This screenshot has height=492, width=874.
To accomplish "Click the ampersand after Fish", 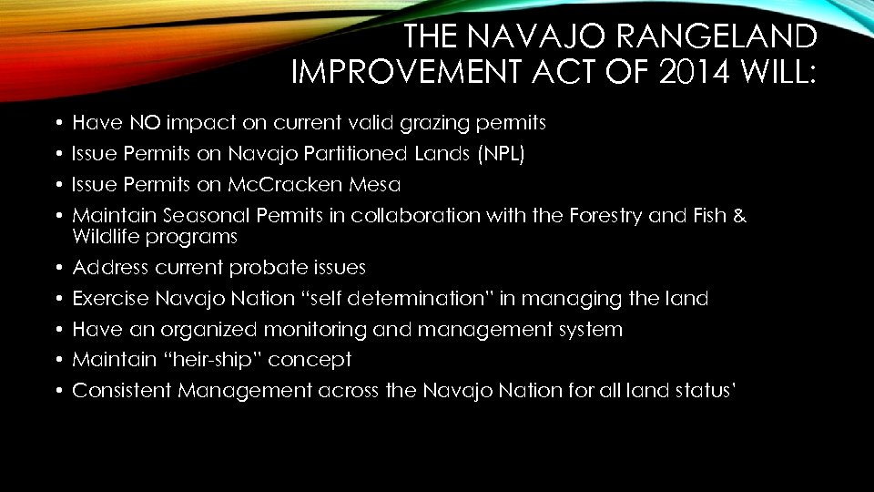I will click(x=739, y=216).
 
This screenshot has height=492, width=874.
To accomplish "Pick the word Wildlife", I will click(x=107, y=237).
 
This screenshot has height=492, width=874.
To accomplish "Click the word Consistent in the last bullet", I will click(x=122, y=392).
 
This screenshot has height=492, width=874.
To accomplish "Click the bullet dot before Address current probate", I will click(x=56, y=268).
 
